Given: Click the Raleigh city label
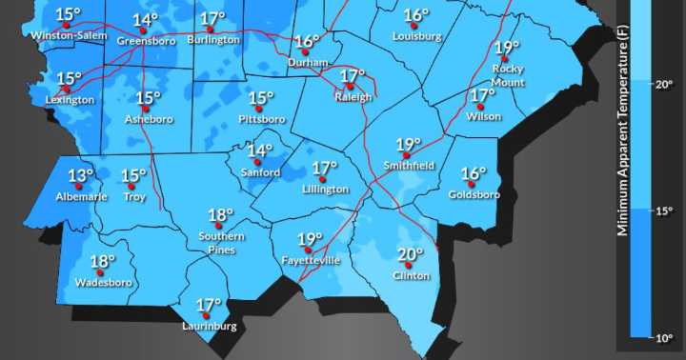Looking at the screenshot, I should (351, 97).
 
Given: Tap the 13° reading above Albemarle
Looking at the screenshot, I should (81, 176).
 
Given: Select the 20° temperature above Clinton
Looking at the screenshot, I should (410, 254).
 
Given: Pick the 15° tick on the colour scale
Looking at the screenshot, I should (665, 210).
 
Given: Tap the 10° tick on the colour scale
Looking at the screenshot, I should (665, 337).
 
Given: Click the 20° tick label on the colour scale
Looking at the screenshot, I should (665, 84).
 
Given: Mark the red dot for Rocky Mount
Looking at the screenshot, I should (505, 58).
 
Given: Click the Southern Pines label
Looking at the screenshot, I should (221, 242).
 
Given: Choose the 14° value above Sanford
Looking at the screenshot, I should (260, 150).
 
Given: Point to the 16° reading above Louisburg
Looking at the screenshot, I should (416, 15).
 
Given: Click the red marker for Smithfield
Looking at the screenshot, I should (407, 155).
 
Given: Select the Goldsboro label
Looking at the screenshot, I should (474, 195).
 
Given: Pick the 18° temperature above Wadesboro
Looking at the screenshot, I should (102, 262).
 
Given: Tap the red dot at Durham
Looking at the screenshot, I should (305, 53).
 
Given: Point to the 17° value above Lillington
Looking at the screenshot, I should (324, 169).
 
